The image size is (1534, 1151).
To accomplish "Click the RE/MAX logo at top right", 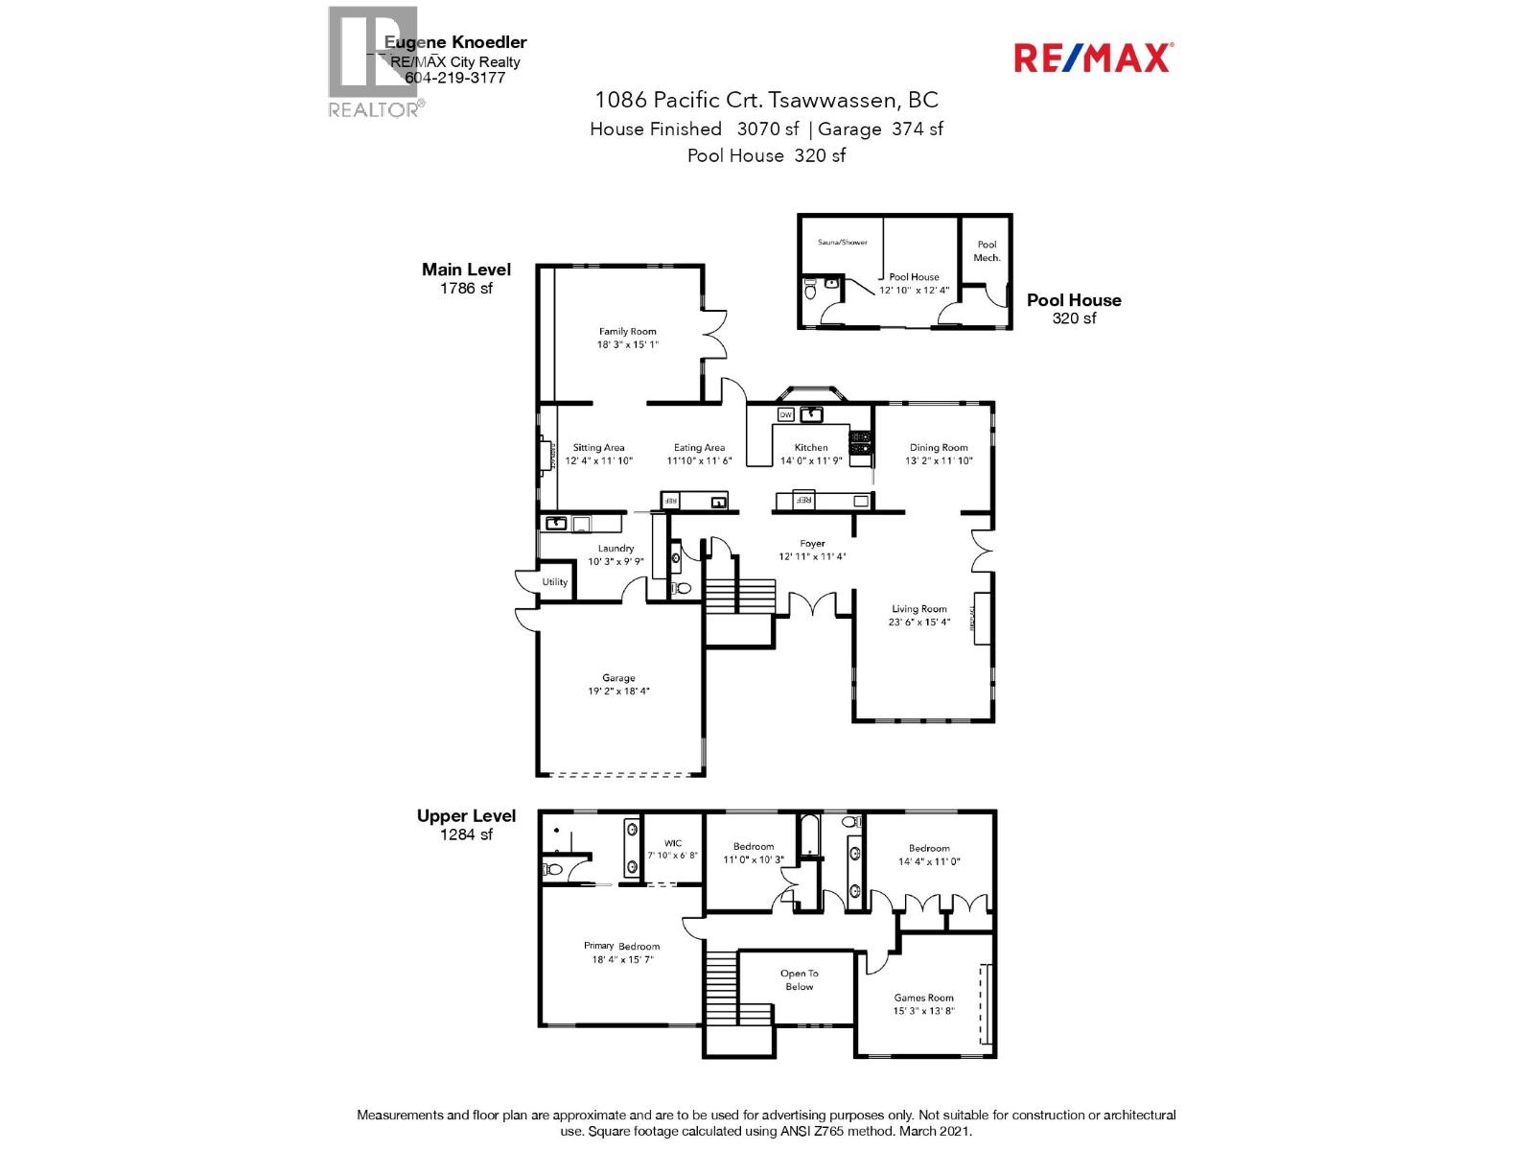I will coord(1093,58).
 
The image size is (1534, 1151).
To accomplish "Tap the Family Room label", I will coord(628,331).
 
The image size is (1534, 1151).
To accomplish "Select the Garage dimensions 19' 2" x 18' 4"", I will coord(618,691).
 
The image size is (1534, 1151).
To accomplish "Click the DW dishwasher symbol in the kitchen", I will coord(785,414).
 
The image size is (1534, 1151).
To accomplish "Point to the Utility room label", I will coord(554,582).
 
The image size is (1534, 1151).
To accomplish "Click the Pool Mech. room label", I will coord(987,250).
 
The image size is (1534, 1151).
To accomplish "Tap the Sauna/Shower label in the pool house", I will coord(842,242).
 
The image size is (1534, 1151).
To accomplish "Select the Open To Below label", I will coord(799,979).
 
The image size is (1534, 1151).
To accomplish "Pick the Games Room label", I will coord(923,998).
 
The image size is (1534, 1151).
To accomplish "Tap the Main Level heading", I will coord(466,270).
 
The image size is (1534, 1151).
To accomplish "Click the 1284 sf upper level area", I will coord(466,834).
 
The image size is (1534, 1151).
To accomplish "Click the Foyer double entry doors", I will coord(812,605).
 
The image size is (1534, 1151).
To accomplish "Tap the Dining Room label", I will coord(938,447).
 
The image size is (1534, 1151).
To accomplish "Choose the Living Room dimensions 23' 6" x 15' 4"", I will coord(918,622).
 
